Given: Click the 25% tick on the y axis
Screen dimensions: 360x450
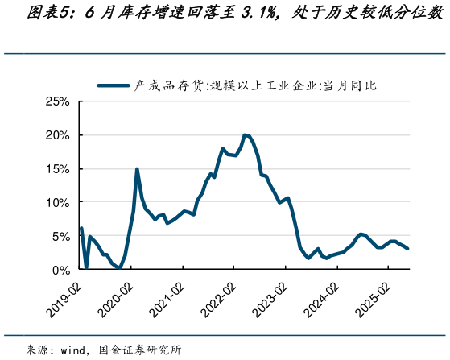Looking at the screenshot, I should coord(58,101).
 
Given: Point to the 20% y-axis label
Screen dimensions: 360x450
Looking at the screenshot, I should coord(58,135).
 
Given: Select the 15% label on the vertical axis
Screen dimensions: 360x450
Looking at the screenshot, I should coord(58,169).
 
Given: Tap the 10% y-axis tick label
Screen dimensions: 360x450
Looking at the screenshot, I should coord(58,202).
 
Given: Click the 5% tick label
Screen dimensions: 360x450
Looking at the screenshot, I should coord(61,236).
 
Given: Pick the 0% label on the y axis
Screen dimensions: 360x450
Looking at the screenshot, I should coord(61,270).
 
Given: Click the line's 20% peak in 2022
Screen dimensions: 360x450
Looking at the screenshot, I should coord(244,134).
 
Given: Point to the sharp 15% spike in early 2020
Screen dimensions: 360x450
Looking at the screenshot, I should coord(137,169).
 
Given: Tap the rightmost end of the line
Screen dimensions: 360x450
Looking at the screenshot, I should coord(408,249).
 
